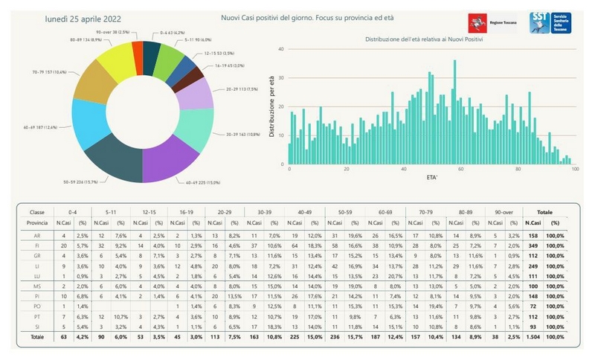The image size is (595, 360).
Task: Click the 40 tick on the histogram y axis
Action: coord(281,49)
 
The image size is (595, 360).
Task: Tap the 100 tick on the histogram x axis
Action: coord(575,169)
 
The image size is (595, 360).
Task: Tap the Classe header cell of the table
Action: coord(36,212)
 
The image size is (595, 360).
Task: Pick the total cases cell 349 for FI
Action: coord(532,245)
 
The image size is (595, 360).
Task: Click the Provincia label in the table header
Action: coord(36,222)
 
